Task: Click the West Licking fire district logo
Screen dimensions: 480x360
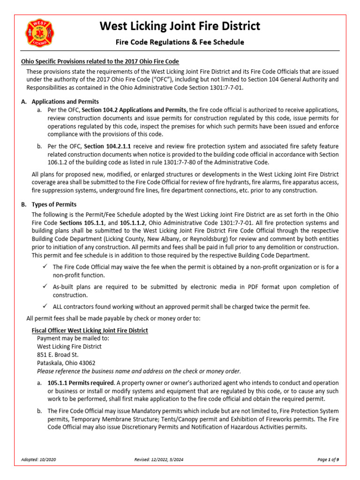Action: click(39, 32)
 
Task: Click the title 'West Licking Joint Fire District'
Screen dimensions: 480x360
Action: click(180, 26)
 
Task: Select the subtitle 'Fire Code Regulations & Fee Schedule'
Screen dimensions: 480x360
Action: click(180, 42)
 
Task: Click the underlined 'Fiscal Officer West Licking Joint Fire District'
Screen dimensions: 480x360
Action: click(87, 330)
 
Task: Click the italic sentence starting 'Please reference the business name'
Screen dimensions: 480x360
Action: click(139, 371)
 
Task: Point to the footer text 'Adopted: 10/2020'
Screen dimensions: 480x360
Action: click(38, 460)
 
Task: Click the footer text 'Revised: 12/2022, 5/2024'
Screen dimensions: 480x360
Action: click(158, 460)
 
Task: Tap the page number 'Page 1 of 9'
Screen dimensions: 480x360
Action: click(328, 460)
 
